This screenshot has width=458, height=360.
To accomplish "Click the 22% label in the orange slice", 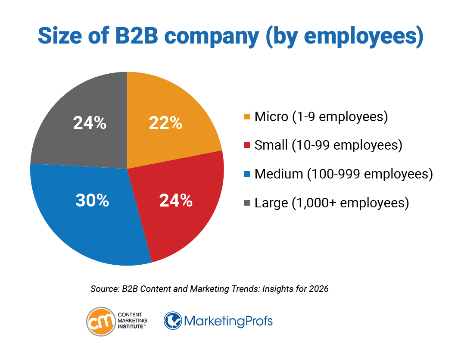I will (165, 123).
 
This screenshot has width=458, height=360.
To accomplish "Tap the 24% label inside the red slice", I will (176, 200).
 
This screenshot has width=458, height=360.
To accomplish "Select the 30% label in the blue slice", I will (92, 200).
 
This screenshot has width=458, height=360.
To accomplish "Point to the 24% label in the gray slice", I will (90, 123).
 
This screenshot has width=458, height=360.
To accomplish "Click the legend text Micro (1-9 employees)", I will (321, 116).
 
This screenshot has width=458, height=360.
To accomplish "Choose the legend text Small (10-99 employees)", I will (328, 145).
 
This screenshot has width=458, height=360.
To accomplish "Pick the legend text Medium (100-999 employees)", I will (343, 174).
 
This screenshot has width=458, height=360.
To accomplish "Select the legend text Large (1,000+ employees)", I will (331, 202).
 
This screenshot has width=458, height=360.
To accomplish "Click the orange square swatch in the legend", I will (247, 117).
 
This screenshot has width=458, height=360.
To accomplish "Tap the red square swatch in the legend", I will (247, 145).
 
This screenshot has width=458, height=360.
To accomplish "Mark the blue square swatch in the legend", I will (247, 174).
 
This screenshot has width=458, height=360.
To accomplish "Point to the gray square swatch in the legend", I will (247, 203).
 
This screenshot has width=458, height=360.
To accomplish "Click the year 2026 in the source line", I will (319, 289).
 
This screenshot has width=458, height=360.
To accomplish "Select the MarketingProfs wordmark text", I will (228, 322).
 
